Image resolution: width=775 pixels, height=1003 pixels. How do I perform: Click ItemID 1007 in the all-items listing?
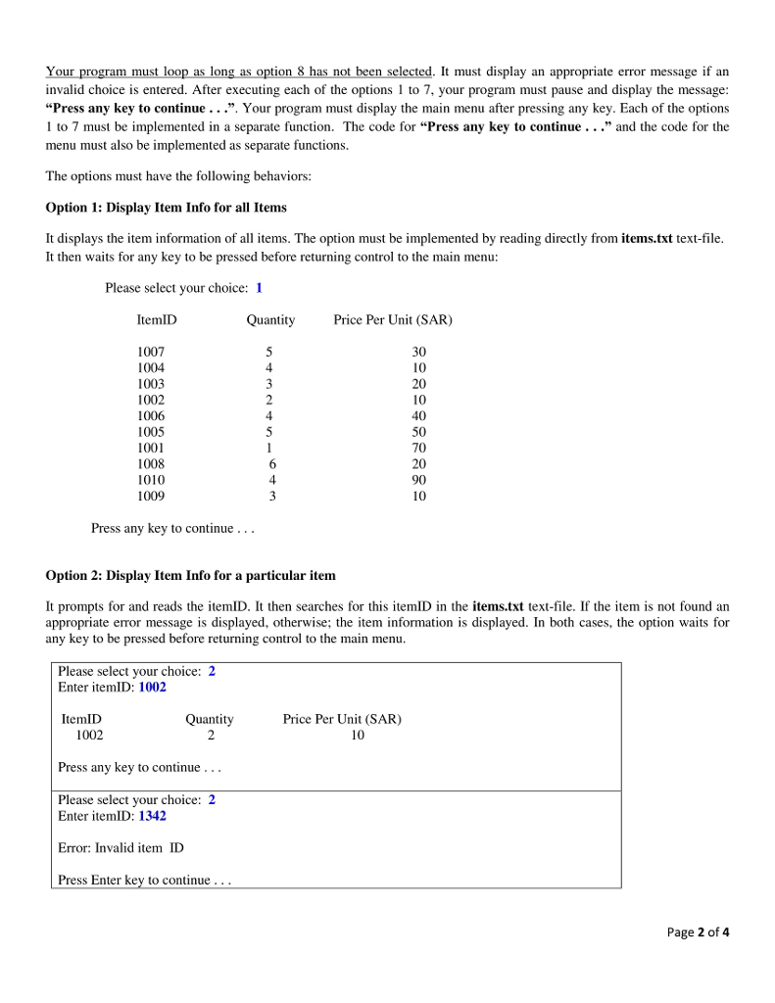pos(151,352)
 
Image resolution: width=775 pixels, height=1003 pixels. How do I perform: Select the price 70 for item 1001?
pos(419,448)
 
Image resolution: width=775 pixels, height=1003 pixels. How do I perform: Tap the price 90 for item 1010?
pos(419,480)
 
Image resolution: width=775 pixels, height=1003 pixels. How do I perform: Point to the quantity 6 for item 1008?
pos(273,464)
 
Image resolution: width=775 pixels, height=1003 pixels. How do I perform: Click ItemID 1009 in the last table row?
pos(151,496)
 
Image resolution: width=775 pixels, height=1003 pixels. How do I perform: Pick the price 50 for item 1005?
pos(419,432)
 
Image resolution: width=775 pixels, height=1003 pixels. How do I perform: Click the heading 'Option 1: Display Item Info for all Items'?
pos(167,208)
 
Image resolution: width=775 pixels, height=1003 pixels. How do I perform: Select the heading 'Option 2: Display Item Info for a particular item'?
pos(191,575)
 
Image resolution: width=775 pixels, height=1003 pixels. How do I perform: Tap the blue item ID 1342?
pos(152,816)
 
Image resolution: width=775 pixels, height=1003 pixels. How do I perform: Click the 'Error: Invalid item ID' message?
pos(121,847)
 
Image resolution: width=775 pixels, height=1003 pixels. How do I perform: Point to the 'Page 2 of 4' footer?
pos(698,931)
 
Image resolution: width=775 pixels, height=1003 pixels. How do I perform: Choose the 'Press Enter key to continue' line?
pos(144,880)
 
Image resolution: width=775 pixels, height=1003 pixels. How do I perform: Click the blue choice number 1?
pos(259,288)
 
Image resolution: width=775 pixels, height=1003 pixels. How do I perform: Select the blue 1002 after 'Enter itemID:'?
pos(152,688)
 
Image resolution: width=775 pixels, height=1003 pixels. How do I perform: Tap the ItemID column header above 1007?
pos(157,320)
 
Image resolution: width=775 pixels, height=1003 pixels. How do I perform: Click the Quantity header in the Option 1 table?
pos(270,320)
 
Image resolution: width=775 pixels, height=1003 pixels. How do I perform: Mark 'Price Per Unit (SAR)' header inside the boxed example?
pos(342,719)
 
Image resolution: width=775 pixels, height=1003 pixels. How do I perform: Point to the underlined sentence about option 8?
pos(239,72)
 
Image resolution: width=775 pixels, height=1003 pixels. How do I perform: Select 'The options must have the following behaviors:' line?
pos(178,176)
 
